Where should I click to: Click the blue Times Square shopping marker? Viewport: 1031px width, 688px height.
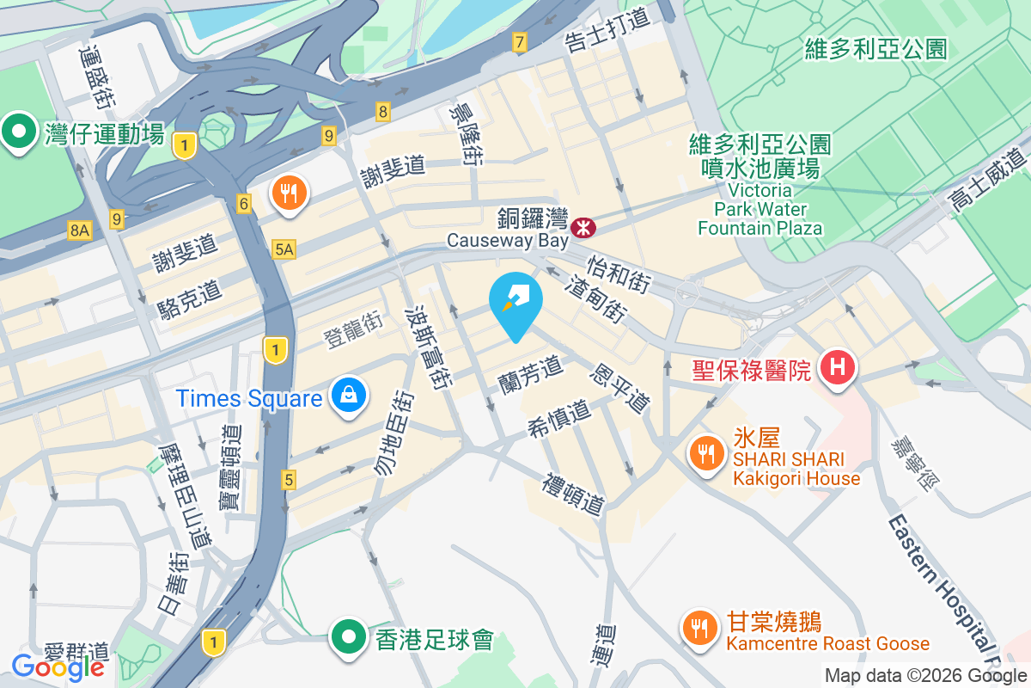tap(349, 396)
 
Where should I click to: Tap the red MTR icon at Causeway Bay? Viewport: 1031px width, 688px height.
tap(583, 227)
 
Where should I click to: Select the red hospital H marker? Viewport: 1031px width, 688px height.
tap(839, 368)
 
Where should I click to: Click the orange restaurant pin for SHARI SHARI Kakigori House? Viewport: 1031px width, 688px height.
tap(706, 455)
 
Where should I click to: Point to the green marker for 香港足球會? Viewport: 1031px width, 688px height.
tap(349, 637)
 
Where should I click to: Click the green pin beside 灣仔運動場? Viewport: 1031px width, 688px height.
tap(18, 131)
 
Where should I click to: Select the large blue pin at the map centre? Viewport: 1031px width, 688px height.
tap(515, 304)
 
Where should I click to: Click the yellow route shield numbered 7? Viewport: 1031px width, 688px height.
tap(519, 41)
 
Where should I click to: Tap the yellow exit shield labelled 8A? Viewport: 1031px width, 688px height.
tap(80, 230)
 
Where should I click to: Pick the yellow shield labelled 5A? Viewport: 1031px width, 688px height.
tap(284, 249)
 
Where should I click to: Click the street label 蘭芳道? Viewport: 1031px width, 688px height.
tap(531, 375)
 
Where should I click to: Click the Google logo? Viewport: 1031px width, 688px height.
tap(58, 666)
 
